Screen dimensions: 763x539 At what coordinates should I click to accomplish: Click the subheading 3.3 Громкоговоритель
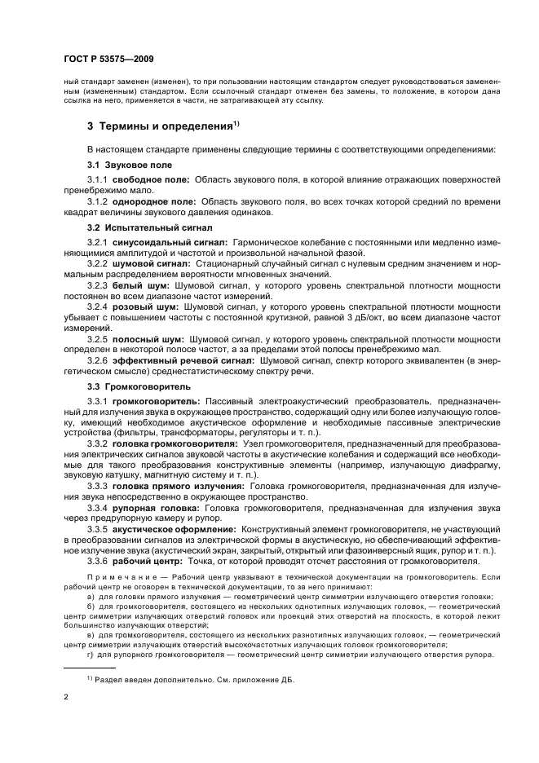tap(139, 386)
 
